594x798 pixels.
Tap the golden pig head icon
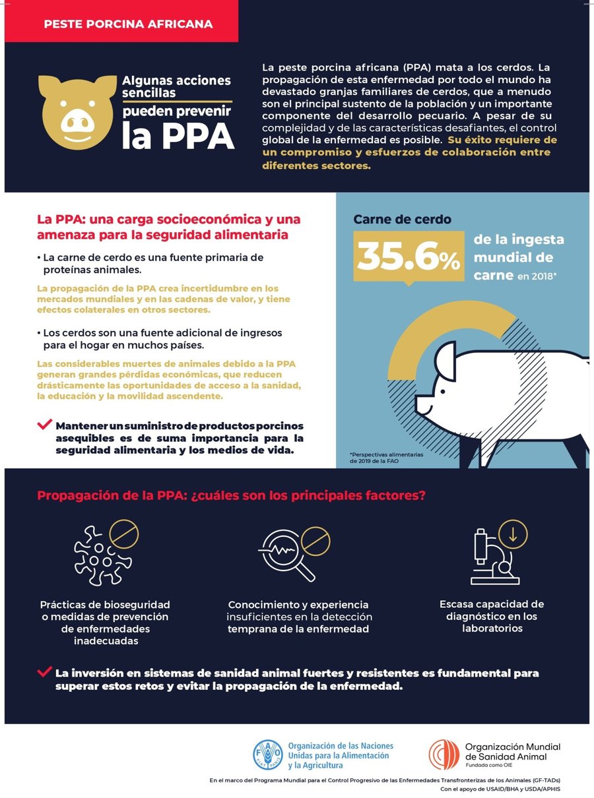[75, 109]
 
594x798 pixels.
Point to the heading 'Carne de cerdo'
[402, 220]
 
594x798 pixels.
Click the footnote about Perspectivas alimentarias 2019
[379, 458]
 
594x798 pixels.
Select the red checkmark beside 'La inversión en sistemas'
[45, 672]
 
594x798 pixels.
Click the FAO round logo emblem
[268, 754]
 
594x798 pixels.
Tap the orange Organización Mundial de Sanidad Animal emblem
[444, 754]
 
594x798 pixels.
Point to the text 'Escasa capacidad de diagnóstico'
[492, 616]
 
